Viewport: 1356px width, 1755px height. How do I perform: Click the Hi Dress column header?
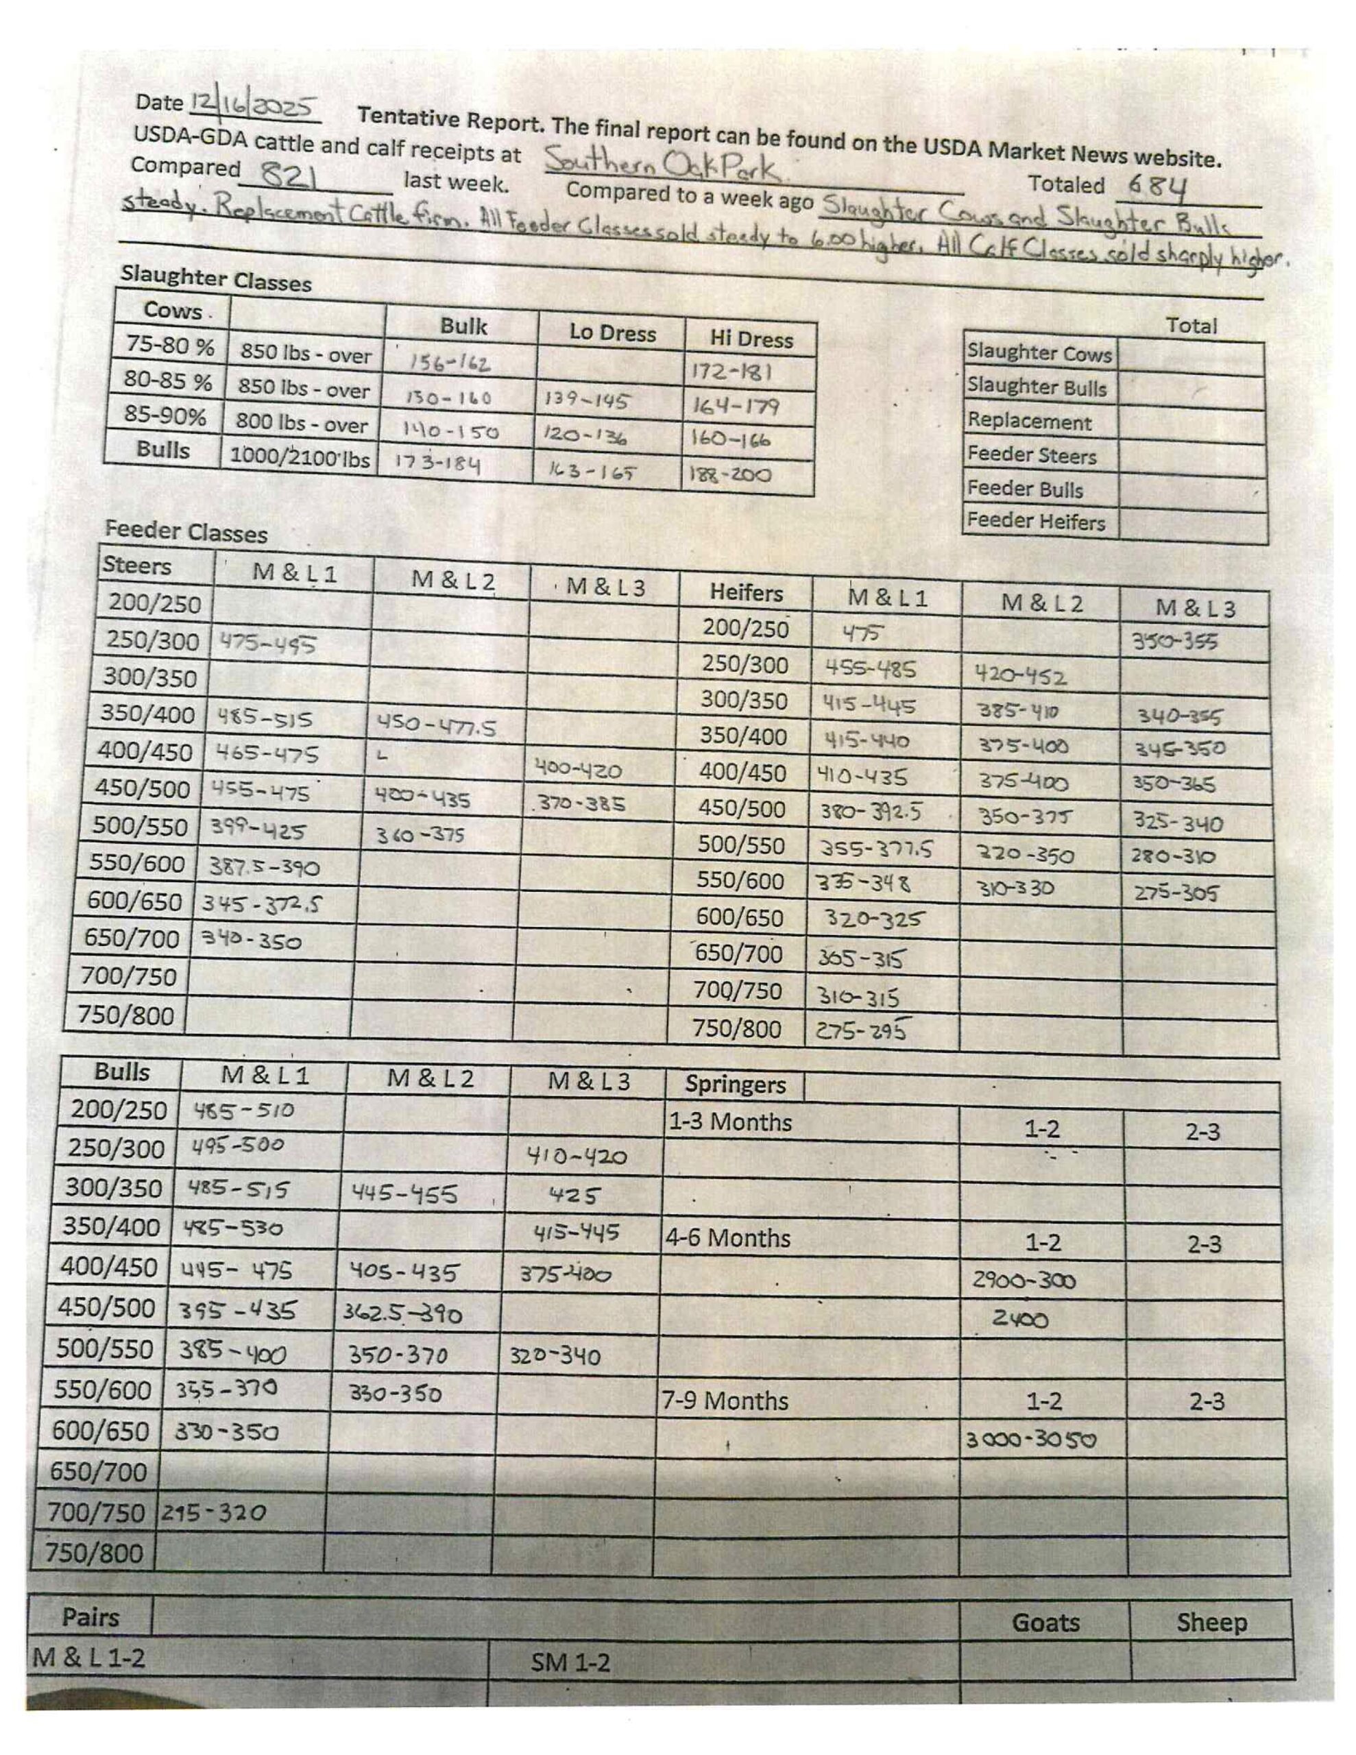pyautogui.click(x=751, y=339)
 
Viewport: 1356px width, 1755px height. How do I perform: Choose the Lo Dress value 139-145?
pyautogui.click(x=586, y=400)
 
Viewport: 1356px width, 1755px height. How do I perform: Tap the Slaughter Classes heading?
pyautogui.click(x=215, y=279)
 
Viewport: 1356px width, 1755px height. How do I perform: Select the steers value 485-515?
pyautogui.click(x=264, y=718)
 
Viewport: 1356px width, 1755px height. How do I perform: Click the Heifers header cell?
pyautogui.click(x=745, y=593)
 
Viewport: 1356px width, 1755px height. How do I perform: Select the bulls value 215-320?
pyautogui.click(x=213, y=1513)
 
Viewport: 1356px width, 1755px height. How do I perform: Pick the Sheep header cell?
pyautogui.click(x=1211, y=1623)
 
